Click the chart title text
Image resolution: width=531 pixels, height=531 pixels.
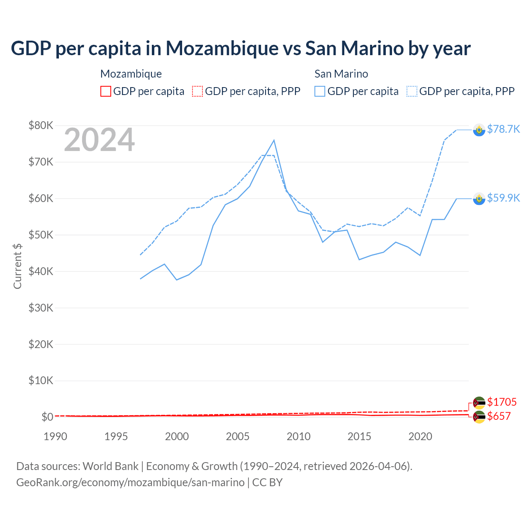[241, 49]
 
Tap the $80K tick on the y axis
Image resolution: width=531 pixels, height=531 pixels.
[41, 125]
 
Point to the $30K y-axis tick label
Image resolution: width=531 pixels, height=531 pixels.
[41, 308]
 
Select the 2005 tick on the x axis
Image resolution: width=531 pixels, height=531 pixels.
[238, 436]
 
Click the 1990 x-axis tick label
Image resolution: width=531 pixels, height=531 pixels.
[55, 436]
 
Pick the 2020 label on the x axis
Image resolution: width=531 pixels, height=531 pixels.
[420, 436]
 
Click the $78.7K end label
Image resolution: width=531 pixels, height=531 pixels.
[503, 129]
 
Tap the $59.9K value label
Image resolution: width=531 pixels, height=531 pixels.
[503, 198]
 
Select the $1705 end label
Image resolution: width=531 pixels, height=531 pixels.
[502, 402]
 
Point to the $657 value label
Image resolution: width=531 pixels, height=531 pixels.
[499, 416]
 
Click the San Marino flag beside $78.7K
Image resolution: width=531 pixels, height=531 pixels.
[479, 130]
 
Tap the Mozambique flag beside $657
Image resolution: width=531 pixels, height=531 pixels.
[479, 417]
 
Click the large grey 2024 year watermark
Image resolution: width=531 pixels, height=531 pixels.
[100, 140]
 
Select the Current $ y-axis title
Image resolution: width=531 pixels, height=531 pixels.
[17, 266]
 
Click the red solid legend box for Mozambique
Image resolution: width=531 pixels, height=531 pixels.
[106, 91]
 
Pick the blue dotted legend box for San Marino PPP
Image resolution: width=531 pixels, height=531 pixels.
[412, 91]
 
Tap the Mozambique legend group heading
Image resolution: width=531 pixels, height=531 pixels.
[131, 74]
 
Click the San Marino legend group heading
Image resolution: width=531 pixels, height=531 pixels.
[341, 74]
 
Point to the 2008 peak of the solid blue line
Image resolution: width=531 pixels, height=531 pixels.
[274, 140]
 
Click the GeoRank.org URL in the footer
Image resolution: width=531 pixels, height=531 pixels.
[130, 482]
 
